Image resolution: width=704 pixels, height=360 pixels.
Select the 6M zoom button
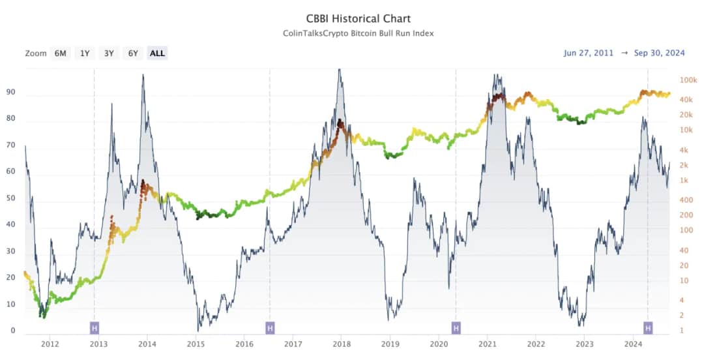60,53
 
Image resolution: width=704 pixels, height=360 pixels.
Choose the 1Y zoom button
85,53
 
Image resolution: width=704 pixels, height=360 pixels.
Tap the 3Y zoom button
109,53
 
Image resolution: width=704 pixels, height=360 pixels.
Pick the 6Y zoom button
133,53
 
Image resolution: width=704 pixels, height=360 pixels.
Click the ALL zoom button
157,53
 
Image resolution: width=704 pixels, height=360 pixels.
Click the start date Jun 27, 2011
589,53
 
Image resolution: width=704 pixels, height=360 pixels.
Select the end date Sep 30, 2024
659,53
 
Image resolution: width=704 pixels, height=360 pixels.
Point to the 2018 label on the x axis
342,344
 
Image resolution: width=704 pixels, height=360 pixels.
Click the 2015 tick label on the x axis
196,344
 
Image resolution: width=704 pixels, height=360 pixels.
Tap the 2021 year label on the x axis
488,344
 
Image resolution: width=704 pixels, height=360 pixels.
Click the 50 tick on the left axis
10,199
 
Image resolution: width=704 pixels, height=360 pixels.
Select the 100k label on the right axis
689,80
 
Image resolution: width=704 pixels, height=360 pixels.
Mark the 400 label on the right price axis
686,199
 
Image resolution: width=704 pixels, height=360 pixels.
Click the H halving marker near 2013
95,327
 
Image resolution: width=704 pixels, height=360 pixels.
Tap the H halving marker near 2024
648,327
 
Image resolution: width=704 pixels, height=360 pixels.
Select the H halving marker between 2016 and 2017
270,327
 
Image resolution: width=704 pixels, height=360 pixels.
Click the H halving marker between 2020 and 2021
456,327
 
